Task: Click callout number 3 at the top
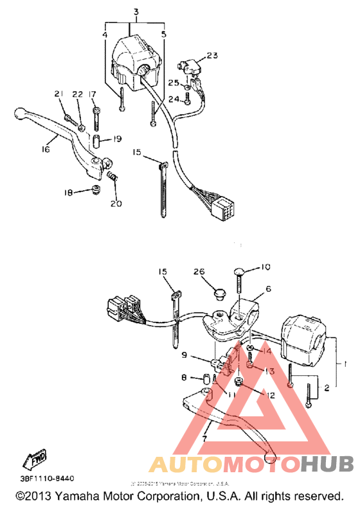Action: [x=136, y=13]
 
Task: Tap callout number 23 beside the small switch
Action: [x=213, y=55]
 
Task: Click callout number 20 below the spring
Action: [x=116, y=204]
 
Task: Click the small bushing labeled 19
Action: [x=96, y=140]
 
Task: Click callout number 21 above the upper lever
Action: [x=59, y=94]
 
